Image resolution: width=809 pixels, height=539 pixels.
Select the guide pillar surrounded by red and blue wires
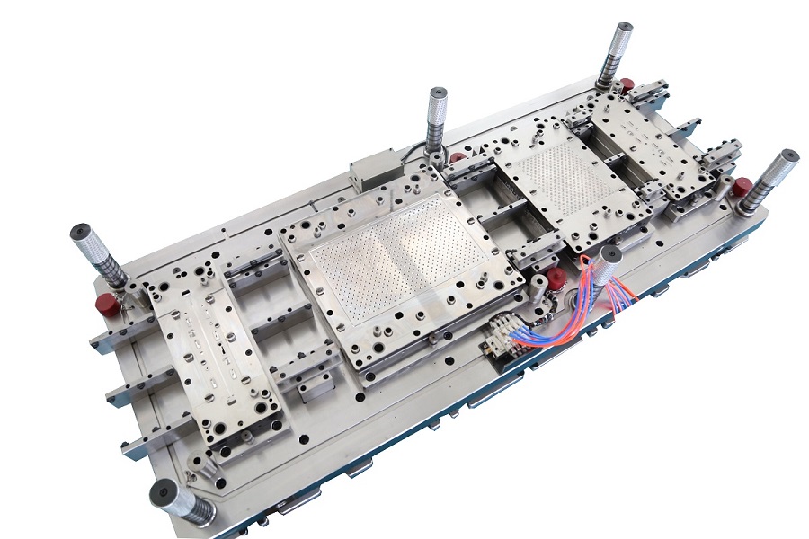609,266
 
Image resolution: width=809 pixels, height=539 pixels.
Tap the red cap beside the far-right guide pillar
742,188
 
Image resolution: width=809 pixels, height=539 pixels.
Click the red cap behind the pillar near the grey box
458,159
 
